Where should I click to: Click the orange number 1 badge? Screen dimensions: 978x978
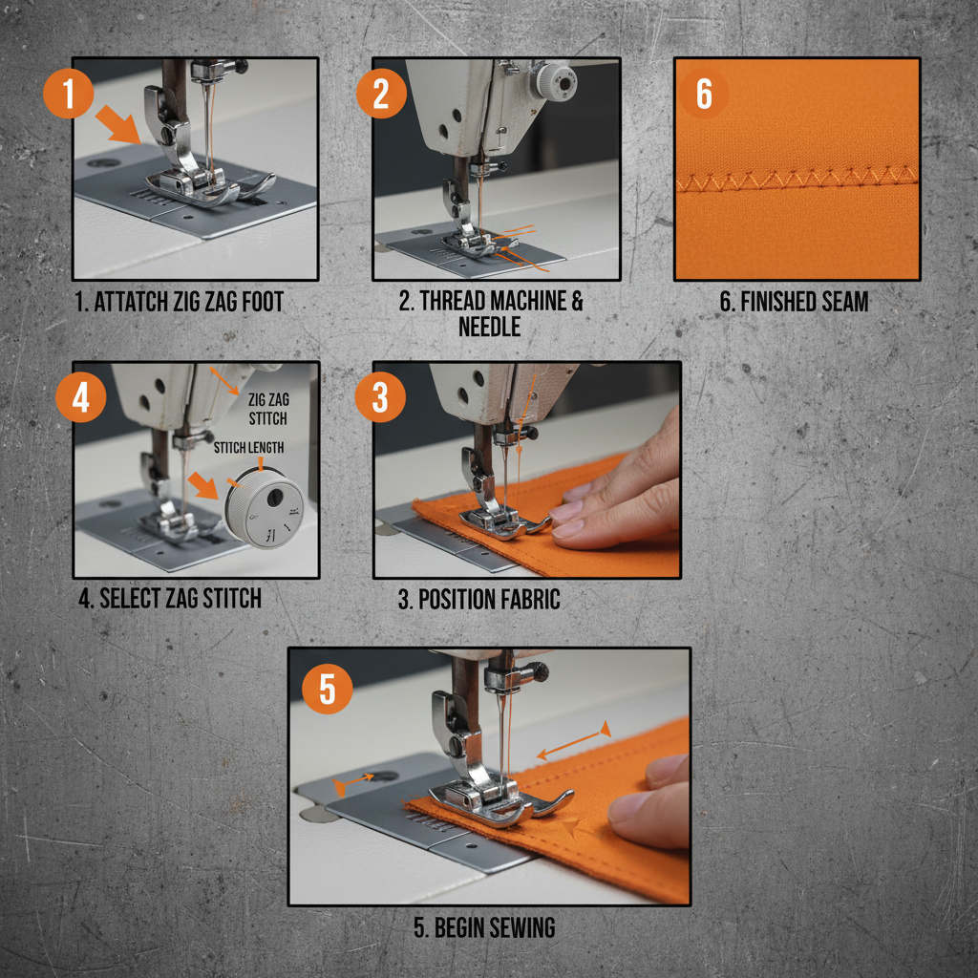(x=68, y=96)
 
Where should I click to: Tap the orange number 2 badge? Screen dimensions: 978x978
(x=381, y=96)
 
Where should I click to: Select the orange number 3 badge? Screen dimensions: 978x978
(x=380, y=397)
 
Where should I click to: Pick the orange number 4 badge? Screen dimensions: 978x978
(x=80, y=397)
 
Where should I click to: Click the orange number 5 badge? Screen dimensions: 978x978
(x=328, y=690)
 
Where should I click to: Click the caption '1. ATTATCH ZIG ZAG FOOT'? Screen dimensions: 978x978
(x=179, y=303)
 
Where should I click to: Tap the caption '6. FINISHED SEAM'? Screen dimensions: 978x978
(x=794, y=303)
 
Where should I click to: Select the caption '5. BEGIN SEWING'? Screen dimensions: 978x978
(x=484, y=927)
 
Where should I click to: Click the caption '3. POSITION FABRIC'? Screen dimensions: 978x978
(x=478, y=600)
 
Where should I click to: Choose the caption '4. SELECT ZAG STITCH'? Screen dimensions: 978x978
(x=169, y=599)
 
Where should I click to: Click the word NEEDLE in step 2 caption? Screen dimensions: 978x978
(x=489, y=327)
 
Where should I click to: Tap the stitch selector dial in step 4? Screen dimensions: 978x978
(x=265, y=511)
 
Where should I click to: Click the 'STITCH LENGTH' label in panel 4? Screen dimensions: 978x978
(x=248, y=448)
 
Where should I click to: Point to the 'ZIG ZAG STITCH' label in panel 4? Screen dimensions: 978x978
(x=267, y=409)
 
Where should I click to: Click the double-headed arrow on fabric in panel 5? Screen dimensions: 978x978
(x=572, y=742)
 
